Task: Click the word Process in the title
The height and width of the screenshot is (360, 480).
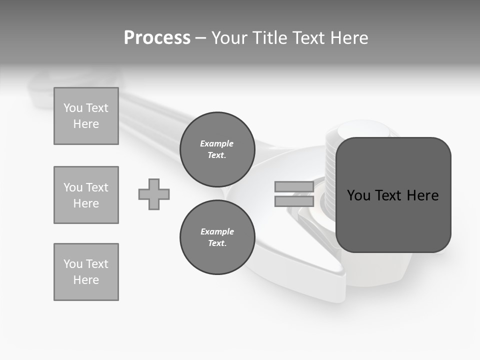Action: (x=157, y=38)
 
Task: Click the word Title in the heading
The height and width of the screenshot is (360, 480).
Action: (x=269, y=38)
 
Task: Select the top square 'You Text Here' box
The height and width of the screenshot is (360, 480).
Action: (x=86, y=116)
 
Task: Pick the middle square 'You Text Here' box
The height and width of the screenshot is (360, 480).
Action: (x=86, y=195)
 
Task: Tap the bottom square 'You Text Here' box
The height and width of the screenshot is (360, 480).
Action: (x=86, y=271)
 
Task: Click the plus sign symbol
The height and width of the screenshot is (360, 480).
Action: (x=154, y=194)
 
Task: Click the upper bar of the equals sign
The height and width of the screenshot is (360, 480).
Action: (x=294, y=187)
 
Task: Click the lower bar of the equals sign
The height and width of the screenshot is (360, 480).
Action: (x=294, y=201)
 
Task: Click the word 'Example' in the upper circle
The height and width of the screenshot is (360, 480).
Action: (x=216, y=143)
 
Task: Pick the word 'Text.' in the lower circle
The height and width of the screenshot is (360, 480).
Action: (x=217, y=243)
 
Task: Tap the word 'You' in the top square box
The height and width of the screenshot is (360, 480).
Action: (x=73, y=108)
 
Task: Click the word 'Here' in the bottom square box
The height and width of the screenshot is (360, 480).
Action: (x=86, y=280)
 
